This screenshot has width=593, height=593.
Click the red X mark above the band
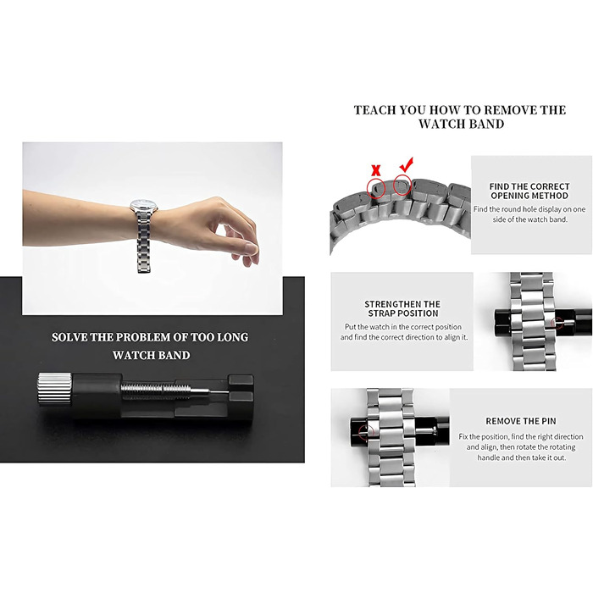[x=376, y=171]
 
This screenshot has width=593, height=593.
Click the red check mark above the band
[x=407, y=164]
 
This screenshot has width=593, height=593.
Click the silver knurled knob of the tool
[x=55, y=389]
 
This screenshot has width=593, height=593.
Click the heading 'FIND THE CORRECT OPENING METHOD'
[x=529, y=191]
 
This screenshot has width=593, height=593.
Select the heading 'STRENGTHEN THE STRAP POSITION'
[x=402, y=308]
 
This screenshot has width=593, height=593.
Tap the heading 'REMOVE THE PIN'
[x=521, y=421]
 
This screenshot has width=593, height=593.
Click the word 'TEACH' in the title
[x=374, y=110]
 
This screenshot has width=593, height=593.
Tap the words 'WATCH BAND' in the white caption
[x=152, y=355]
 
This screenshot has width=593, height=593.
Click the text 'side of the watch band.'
[x=529, y=219]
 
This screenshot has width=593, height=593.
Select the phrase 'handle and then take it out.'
[x=521, y=457]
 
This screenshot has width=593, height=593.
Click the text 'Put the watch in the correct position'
[x=403, y=327]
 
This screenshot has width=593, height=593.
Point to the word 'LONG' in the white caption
[x=233, y=337]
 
